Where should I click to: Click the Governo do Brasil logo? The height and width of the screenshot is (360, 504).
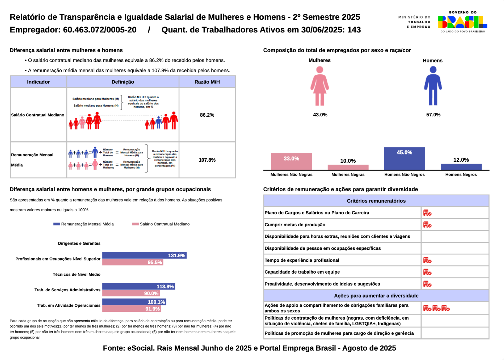coord(462,22)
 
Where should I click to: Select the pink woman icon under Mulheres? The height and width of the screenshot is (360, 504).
coord(320,86)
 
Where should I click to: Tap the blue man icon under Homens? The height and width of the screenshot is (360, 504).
coord(433,86)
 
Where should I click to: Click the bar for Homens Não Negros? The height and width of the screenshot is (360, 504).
coord(404,159)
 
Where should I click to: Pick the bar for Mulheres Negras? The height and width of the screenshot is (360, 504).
coord(348,167)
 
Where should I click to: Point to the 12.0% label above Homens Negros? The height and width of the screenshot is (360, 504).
coord(461,160)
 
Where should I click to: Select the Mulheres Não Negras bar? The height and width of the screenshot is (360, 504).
coord(291,162)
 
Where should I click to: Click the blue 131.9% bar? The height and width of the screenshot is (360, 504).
coord(144,255)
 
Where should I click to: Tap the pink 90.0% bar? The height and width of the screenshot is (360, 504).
coord(131,293)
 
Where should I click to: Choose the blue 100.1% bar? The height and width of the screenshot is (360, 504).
coord(134,302)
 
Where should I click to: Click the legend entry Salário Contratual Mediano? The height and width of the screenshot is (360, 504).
coord(161,224)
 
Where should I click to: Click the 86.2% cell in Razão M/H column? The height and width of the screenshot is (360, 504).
coord(207,115)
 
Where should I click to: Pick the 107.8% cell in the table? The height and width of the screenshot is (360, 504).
coord(207,160)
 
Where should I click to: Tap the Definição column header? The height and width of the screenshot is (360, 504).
coord(123,82)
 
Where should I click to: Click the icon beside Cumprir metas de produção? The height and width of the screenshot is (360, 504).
coord(427,225)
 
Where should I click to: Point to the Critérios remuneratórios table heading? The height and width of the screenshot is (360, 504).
coord(376,201)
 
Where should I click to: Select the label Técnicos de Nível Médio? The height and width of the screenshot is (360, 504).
coord(77,275)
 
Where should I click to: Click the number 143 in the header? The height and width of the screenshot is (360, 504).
coord(354,30)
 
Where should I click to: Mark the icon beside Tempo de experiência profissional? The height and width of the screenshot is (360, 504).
coord(427,260)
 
